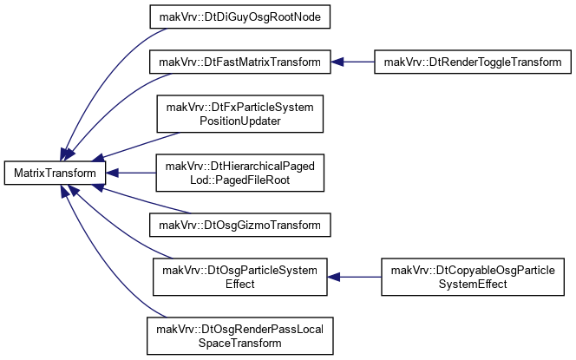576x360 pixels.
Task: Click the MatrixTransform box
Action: pos(55,173)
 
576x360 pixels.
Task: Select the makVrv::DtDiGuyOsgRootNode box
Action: pos(240,16)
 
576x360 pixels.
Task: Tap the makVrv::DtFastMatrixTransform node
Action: pos(240,62)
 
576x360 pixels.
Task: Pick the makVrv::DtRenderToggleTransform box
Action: pos(473,62)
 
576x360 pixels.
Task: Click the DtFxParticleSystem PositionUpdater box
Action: pos(240,114)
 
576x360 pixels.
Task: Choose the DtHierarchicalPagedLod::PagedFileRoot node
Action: pos(240,173)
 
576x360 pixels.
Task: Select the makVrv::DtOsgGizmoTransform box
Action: pos(240,225)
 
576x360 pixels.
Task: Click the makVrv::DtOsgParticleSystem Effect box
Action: pos(240,277)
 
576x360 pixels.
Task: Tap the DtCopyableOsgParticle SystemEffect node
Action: pos(473,277)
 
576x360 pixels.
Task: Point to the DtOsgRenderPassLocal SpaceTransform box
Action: pos(240,336)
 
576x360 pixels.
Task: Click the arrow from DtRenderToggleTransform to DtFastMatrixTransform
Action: pos(353,62)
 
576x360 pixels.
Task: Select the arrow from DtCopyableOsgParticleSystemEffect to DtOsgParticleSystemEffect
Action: pos(354,277)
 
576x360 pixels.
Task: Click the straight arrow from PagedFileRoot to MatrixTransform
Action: pos(131,173)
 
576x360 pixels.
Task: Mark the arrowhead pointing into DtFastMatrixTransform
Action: pos(337,62)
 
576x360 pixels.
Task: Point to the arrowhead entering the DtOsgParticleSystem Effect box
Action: pos(334,277)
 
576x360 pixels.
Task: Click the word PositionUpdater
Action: pos(240,121)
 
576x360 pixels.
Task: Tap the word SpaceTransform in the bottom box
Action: pos(240,343)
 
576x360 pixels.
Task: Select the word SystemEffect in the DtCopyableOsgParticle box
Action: pos(473,284)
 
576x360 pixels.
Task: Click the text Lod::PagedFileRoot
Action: pos(240,180)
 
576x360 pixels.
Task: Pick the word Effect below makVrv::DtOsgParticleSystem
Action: pos(240,284)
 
